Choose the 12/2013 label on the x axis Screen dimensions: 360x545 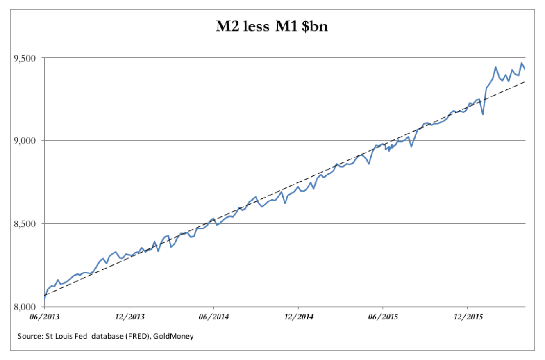(129, 317)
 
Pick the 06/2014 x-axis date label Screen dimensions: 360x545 (214, 317)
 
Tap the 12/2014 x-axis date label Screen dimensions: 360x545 (298, 317)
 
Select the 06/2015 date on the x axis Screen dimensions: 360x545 (383, 317)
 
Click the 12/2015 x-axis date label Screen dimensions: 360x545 (468, 317)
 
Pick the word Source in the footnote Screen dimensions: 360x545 (28, 337)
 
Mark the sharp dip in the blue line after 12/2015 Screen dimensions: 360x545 (483, 114)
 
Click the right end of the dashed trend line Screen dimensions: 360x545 (525, 81)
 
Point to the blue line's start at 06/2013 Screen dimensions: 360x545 (45, 298)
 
